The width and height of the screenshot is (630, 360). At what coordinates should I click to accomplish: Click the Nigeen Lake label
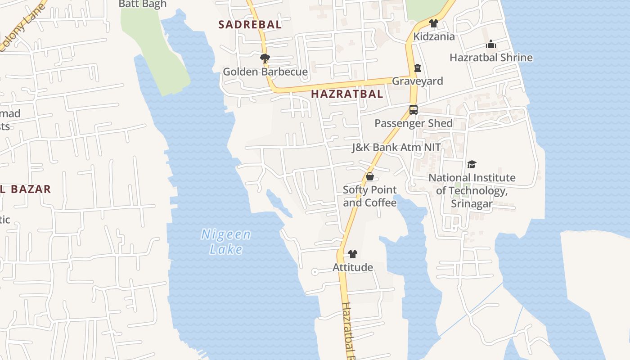click(226, 242)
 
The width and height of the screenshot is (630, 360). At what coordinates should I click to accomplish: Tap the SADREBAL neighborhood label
click(250, 25)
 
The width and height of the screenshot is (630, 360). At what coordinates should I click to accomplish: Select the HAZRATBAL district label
click(347, 94)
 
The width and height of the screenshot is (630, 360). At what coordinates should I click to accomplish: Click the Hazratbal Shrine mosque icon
click(491, 44)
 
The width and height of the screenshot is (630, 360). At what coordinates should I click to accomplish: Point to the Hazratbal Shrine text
click(491, 58)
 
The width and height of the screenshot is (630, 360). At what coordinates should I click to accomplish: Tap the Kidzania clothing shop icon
click(434, 23)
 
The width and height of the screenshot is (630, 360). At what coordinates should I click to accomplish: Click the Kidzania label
click(434, 36)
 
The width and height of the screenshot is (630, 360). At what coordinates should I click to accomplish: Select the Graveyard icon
click(418, 68)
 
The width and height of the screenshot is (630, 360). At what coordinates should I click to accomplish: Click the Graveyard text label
click(418, 81)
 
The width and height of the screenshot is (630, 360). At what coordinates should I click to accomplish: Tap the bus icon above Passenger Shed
click(413, 110)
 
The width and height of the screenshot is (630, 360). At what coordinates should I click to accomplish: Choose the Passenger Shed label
click(413, 123)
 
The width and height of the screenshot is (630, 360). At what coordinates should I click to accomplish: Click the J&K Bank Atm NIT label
click(396, 147)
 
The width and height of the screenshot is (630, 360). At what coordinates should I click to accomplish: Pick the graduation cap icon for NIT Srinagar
click(472, 165)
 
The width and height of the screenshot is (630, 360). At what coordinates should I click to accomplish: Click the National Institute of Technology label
click(472, 190)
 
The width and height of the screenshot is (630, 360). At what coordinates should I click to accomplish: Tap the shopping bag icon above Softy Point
click(370, 176)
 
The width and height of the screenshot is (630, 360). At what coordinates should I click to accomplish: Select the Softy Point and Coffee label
click(370, 196)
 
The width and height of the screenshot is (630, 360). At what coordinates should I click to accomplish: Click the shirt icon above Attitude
click(353, 254)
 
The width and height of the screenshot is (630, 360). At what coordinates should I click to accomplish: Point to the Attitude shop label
click(353, 267)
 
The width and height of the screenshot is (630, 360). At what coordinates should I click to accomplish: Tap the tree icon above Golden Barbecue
click(265, 58)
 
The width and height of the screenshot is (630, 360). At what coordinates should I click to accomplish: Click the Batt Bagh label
click(142, 4)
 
